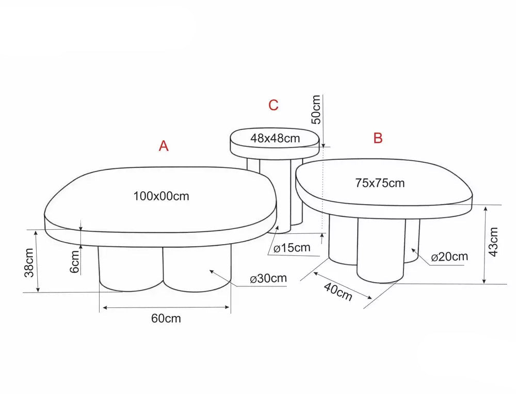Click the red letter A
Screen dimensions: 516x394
pos(164,145)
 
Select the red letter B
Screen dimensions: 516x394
pos(378,138)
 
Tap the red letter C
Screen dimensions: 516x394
pos(273,105)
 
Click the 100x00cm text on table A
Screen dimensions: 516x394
pos(161,196)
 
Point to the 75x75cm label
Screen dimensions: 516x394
pos(380,183)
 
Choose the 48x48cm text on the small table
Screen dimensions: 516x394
pos(275,138)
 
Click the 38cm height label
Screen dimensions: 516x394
pos(29,263)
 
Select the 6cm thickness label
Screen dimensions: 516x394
pos(75,262)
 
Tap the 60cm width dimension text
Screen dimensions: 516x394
pos(166,318)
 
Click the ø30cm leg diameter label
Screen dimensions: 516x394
pos(268,279)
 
